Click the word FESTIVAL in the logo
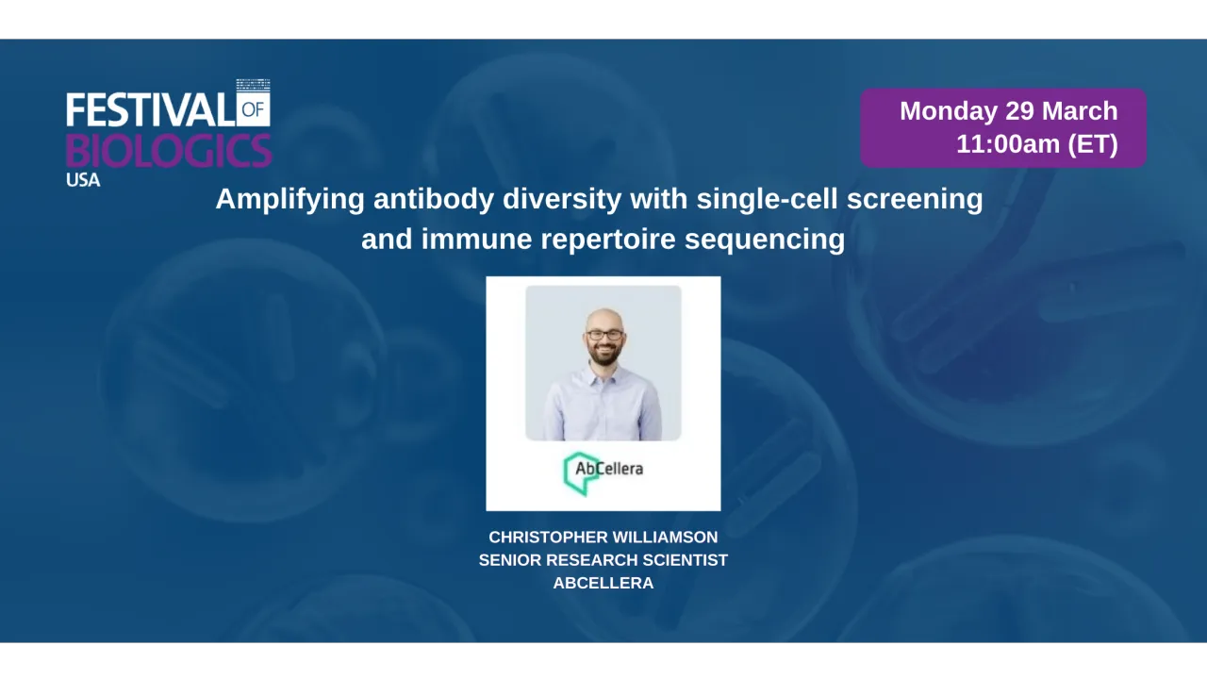click(x=150, y=110)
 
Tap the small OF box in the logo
click(x=254, y=109)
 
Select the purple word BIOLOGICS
click(x=169, y=150)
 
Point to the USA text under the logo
click(x=83, y=179)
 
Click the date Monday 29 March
click(x=1008, y=111)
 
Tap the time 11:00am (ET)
click(x=1036, y=144)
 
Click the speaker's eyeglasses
click(x=603, y=335)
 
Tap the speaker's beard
click(x=603, y=356)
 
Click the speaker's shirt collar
click(x=603, y=377)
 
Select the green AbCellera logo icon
click(x=579, y=472)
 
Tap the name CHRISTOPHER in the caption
click(x=548, y=538)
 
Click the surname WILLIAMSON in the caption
click(x=666, y=538)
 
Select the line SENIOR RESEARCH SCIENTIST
click(x=603, y=560)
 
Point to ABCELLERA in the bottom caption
click(x=603, y=583)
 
